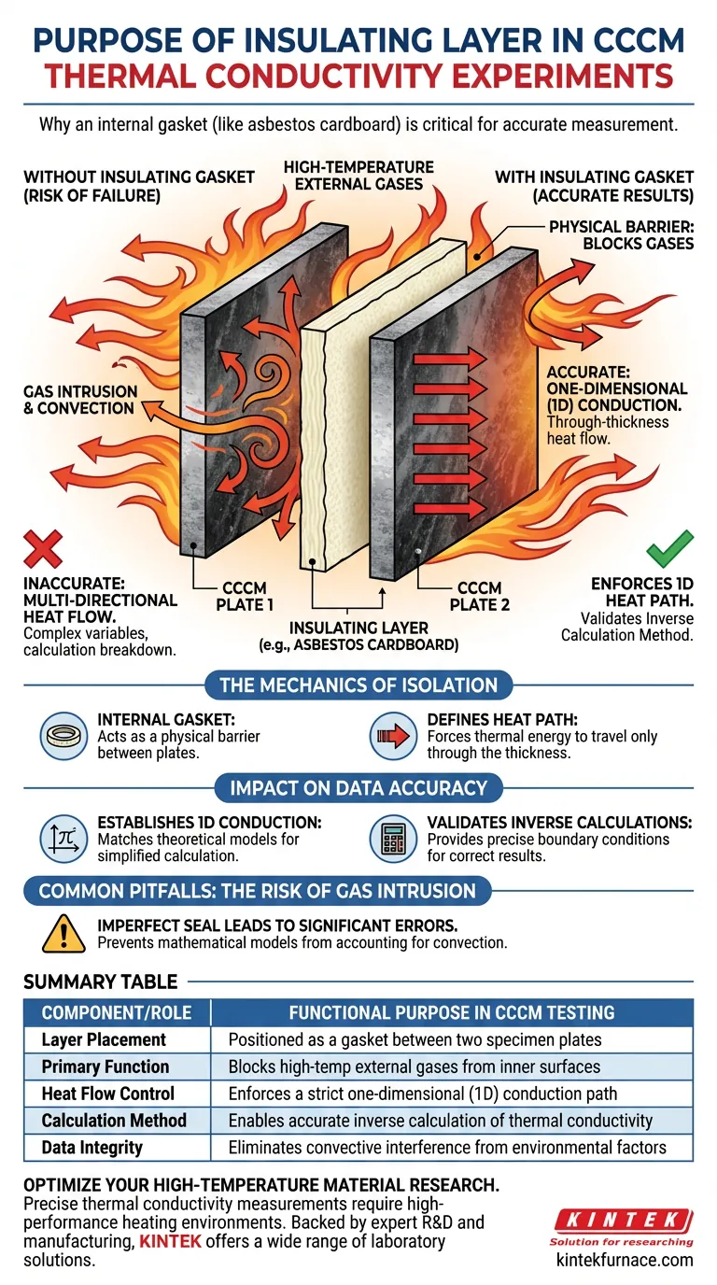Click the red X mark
(44, 548)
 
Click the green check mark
(670, 548)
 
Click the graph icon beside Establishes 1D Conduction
(63, 839)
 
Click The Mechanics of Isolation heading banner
(358, 685)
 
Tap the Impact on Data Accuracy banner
(358, 787)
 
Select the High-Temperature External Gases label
(358, 176)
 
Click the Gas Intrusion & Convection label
(79, 400)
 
